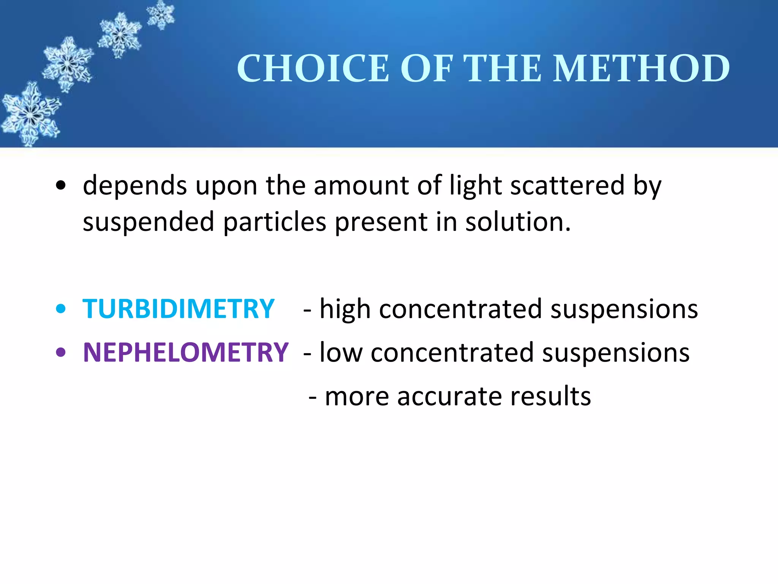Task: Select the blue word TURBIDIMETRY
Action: pos(179,309)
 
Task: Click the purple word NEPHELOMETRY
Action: pos(186,352)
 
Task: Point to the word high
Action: pos(345,309)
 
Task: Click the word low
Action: pos(341,352)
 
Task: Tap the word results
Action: pos(550,397)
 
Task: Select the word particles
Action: pos(274,222)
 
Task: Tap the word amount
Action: pos(361,186)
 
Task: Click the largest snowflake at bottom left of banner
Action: pos(30,114)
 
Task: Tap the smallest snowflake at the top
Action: pos(161,14)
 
